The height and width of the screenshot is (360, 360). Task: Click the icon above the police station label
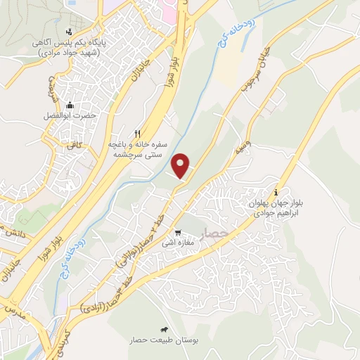click(68, 32)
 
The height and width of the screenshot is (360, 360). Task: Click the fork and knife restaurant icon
click(139, 133)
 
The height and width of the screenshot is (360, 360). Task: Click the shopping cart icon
click(179, 233)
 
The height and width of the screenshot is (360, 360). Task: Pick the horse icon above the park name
click(164, 329)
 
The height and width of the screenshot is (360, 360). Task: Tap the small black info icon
click(276, 192)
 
